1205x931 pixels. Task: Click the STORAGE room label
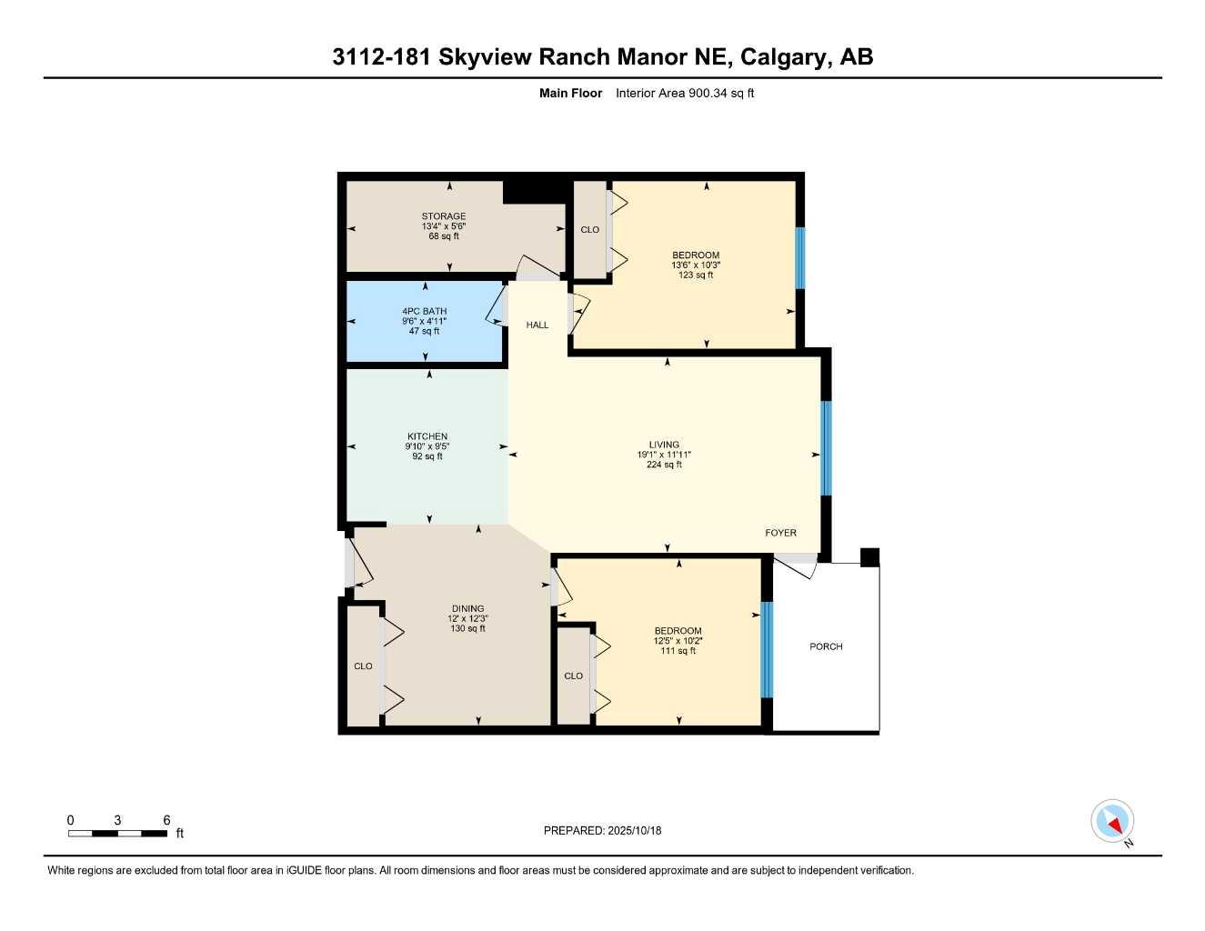444,216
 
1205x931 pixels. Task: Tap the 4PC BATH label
425,311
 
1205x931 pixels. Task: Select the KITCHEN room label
427,436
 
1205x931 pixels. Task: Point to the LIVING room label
664,445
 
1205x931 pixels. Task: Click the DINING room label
468,608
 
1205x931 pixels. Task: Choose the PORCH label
826,646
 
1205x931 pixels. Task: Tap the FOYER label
780,533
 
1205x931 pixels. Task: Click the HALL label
537,325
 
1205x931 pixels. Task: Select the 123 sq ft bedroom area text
696,275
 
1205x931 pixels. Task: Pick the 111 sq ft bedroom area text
678,651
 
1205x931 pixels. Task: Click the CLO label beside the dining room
363,666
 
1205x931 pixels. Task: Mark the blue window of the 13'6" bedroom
800,257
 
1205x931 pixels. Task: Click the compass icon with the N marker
1112,822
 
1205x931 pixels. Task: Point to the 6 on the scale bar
166,820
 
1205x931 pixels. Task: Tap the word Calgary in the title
783,56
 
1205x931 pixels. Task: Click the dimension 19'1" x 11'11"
664,455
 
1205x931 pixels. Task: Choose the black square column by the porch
869,557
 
